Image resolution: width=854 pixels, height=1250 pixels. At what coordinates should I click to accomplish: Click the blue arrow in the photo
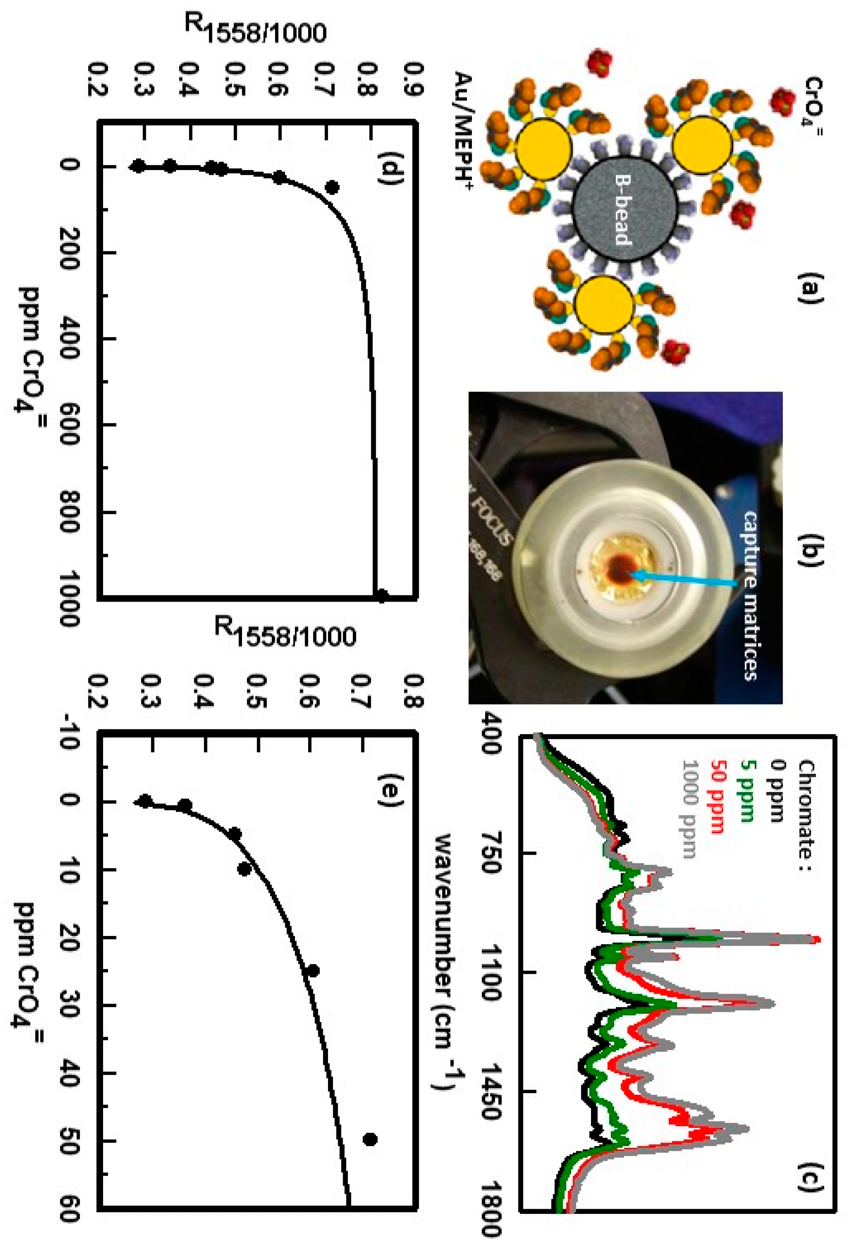coord(688,579)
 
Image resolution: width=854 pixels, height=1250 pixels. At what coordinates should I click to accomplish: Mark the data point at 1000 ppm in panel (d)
coord(381,595)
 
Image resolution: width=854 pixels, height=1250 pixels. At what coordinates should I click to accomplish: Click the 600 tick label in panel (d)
coord(69,425)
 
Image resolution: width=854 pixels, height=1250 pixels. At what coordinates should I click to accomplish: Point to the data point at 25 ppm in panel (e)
coord(312,971)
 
